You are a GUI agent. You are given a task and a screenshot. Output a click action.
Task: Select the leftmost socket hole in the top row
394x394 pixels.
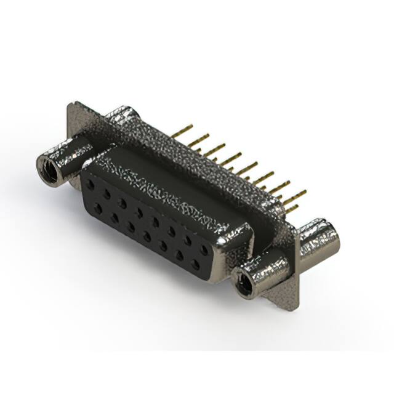tap(90, 183)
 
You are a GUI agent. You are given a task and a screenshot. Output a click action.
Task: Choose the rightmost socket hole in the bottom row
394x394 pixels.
tap(196, 265)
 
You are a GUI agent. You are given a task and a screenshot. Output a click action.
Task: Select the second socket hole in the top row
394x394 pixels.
tap(107, 193)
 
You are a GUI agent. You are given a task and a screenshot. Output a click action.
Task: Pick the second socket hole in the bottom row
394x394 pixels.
tap(115, 217)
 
